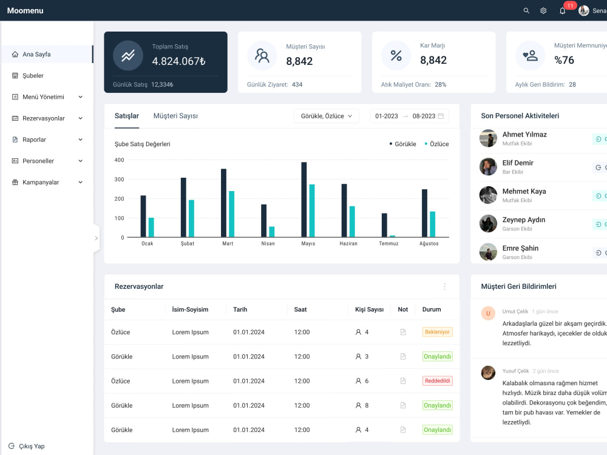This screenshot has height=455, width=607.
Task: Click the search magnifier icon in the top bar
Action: point(526,11)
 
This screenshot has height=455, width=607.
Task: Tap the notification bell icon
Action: point(563,11)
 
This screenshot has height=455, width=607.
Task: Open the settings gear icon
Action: point(543,11)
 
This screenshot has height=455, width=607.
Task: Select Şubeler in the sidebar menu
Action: point(33,75)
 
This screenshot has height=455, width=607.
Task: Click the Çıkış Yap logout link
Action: point(27,446)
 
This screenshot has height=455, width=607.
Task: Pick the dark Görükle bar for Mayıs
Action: point(304,200)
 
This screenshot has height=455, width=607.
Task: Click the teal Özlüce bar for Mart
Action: point(231,214)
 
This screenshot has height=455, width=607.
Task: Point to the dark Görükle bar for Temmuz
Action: point(384,225)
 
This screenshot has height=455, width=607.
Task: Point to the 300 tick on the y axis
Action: point(119,180)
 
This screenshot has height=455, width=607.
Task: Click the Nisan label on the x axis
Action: point(268,243)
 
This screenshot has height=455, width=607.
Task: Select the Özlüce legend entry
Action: point(436,144)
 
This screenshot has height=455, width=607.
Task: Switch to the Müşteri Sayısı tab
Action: point(175,116)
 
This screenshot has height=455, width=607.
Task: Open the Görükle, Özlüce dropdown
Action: point(327,116)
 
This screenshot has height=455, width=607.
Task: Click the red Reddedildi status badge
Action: point(438,381)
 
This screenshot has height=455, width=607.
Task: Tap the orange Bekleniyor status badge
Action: point(438,332)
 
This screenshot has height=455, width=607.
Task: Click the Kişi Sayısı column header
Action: point(369,309)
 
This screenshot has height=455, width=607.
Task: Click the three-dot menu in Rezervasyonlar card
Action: point(444,287)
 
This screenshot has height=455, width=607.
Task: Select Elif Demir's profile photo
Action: point(488,167)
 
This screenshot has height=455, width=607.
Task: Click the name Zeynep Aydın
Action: point(524,220)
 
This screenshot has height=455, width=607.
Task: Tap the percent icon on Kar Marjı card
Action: point(396,56)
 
